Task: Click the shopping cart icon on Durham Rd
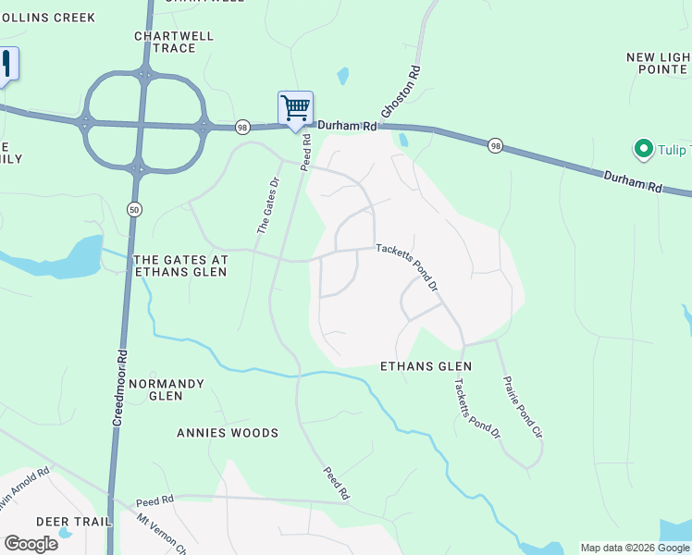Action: pyautogui.click(x=295, y=108)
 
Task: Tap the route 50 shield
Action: pyautogui.click(x=135, y=209)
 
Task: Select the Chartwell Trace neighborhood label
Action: pyautogui.click(x=174, y=42)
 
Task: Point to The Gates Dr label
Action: pyautogui.click(x=266, y=204)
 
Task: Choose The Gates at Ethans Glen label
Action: pyautogui.click(x=181, y=266)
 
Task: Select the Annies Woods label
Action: pyautogui.click(x=228, y=433)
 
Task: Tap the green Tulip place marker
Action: pyautogui.click(x=641, y=148)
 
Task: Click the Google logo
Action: pyautogui.click(x=31, y=543)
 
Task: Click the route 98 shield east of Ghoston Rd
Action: pyautogui.click(x=496, y=146)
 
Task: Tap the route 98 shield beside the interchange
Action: pyautogui.click(x=242, y=127)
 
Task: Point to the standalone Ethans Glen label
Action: pyautogui.click(x=426, y=366)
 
